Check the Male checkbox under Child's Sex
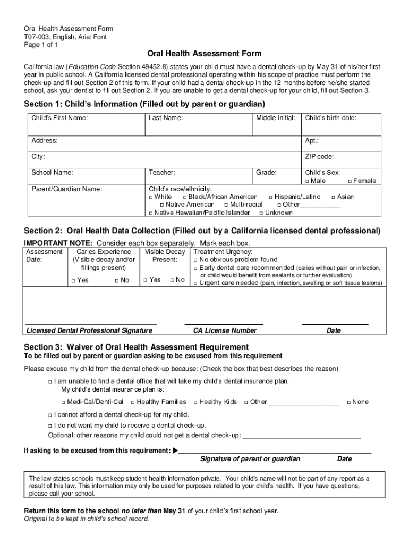(x=307, y=181)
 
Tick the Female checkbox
(x=350, y=181)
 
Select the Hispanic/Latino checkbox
(x=270, y=197)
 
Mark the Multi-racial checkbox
(x=226, y=205)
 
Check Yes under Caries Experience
(x=73, y=280)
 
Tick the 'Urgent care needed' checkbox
(x=195, y=284)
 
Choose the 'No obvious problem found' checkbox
(x=195, y=260)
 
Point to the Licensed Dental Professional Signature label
(x=89, y=330)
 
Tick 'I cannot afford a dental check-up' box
(x=50, y=415)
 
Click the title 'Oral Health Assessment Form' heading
(x=204, y=54)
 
